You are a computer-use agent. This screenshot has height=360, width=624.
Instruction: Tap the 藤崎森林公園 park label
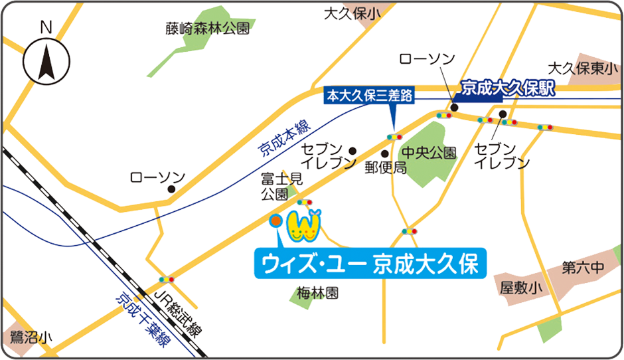coord(208,29)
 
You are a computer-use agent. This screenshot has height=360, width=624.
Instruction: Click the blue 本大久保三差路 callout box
coord(369,96)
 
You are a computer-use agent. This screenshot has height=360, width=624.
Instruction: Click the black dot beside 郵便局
coord(384,153)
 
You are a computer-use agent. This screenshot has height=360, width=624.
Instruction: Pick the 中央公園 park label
coord(433,153)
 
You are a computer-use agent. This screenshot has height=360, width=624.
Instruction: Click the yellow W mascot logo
coord(303,226)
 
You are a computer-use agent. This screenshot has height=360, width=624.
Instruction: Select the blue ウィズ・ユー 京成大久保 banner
coord(370,264)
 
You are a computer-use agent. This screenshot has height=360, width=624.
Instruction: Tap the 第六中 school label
coord(583,268)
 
